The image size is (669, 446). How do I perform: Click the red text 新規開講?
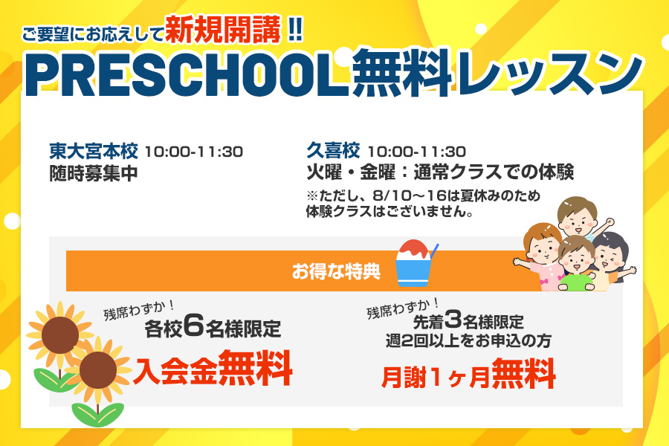(223, 30)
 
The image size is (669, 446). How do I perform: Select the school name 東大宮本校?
(94, 151)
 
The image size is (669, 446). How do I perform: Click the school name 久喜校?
(333, 151)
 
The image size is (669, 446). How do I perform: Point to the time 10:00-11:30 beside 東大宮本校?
(194, 152)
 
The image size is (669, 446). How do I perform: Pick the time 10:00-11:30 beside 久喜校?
(416, 152)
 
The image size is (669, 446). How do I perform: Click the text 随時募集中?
(94, 173)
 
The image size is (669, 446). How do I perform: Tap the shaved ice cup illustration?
(415, 262)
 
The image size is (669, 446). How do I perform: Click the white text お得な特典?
(336, 271)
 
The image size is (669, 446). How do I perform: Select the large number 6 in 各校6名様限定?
(194, 326)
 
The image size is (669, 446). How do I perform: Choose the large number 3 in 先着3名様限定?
(453, 318)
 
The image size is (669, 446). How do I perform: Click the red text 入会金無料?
(213, 369)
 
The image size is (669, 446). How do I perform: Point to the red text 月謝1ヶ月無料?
(468, 375)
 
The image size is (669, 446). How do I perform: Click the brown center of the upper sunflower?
(59, 335)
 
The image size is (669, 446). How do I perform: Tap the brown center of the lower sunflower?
(98, 369)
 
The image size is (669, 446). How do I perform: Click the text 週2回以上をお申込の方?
(468, 340)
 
